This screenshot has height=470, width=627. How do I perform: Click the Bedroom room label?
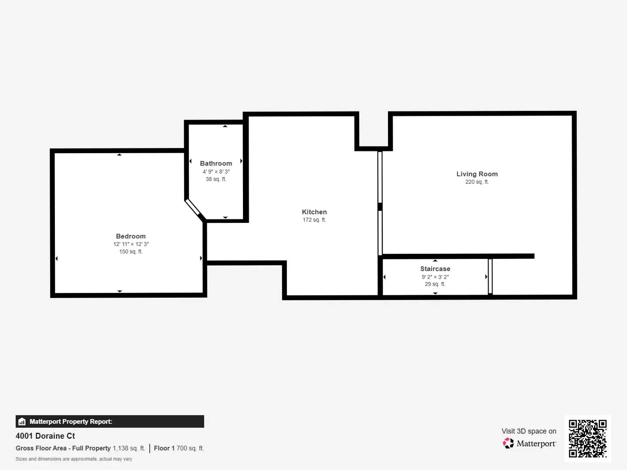pyautogui.click(x=131, y=236)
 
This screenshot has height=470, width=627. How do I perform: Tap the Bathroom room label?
pyautogui.click(x=216, y=164)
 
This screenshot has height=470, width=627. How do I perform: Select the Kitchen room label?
pyautogui.click(x=314, y=212)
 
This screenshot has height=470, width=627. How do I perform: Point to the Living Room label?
pyautogui.click(x=477, y=174)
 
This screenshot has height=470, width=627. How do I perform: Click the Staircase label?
pyautogui.click(x=435, y=269)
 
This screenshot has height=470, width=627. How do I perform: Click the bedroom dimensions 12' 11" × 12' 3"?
pyautogui.click(x=131, y=244)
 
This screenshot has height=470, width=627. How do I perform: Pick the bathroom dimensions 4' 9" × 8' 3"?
pyautogui.click(x=216, y=172)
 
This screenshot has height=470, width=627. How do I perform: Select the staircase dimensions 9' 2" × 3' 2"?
pyautogui.click(x=435, y=277)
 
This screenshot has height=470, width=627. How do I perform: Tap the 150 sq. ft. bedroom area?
pyautogui.click(x=131, y=252)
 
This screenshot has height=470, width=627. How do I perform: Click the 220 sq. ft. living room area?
pyautogui.click(x=477, y=182)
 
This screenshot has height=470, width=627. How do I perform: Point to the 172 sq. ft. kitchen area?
pyautogui.click(x=314, y=220)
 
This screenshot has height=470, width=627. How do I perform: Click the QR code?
pyautogui.click(x=587, y=438)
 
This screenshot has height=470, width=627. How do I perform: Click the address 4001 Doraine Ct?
pyautogui.click(x=45, y=436)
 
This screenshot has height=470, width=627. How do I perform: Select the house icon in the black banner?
pyautogui.click(x=22, y=422)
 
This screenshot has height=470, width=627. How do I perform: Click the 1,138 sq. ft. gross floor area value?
pyautogui.click(x=129, y=448)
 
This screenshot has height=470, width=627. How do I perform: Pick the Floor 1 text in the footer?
pyautogui.click(x=164, y=448)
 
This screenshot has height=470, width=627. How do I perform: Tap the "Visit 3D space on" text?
pyautogui.click(x=529, y=431)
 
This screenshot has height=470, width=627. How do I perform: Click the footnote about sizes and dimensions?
pyautogui.click(x=74, y=459)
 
